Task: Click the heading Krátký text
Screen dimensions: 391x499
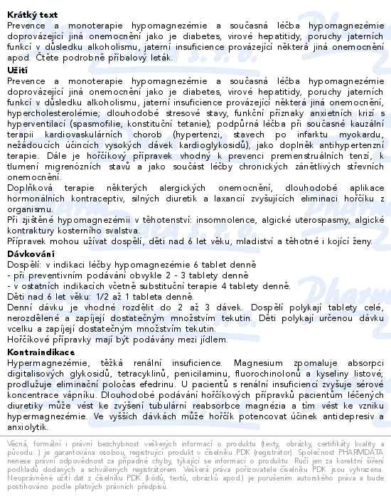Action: coord(33,14)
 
